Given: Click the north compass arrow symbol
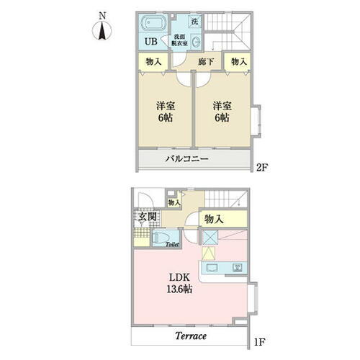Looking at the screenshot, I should coord(102,30).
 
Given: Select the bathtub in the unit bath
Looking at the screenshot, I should coord(154,22).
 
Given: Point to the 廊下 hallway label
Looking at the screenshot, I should coord(205,63).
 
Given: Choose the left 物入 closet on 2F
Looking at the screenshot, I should coord(153,63).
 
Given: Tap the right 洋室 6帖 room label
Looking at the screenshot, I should coord(220,112).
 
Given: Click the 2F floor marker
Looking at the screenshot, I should coord(262,170).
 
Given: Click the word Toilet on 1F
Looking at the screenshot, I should coord(171,245).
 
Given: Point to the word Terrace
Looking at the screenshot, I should coord(190,336).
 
